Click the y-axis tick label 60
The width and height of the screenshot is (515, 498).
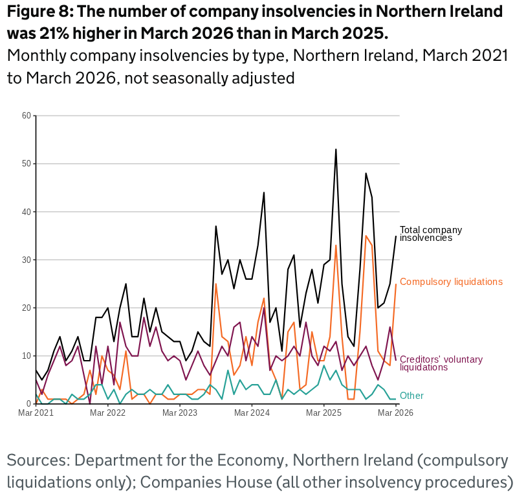pos(27,116)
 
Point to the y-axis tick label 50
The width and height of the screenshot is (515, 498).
pos(27,164)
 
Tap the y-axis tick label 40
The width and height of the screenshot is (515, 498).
pos(27,212)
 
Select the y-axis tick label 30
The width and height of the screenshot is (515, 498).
pos(27,260)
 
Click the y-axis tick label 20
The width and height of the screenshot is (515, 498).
pos(27,308)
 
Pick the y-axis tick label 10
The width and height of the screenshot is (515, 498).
pos(27,356)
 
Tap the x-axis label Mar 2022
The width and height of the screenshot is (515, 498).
pos(107,413)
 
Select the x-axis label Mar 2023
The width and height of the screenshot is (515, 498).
pos(179,413)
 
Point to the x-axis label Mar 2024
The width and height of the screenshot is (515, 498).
pos(251,413)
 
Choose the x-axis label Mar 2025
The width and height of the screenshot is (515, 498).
pos(323,413)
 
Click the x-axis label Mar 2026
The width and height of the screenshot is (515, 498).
pos(396,413)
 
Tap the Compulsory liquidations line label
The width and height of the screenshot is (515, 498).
pos(451,282)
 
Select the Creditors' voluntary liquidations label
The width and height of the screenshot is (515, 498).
pos(441,363)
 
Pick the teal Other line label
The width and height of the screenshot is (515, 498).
pos(411,396)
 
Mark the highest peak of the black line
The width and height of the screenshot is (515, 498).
pos(336,150)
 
